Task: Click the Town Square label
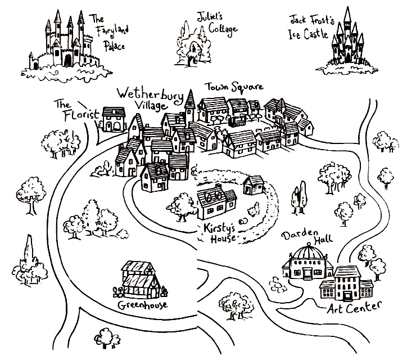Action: (233, 89)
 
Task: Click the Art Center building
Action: (346, 284)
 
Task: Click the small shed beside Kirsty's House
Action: (254, 184)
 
